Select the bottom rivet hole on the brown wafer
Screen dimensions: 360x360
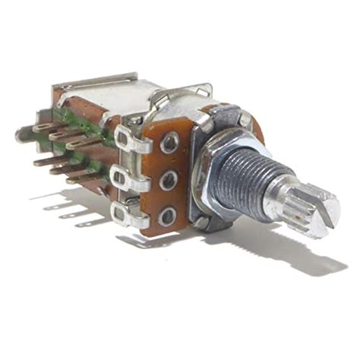[x=167, y=215]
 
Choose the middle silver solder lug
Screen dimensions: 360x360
[x=125, y=179]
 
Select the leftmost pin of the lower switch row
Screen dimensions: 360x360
[x=43, y=160]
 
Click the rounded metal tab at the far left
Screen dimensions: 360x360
[x=21, y=136]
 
